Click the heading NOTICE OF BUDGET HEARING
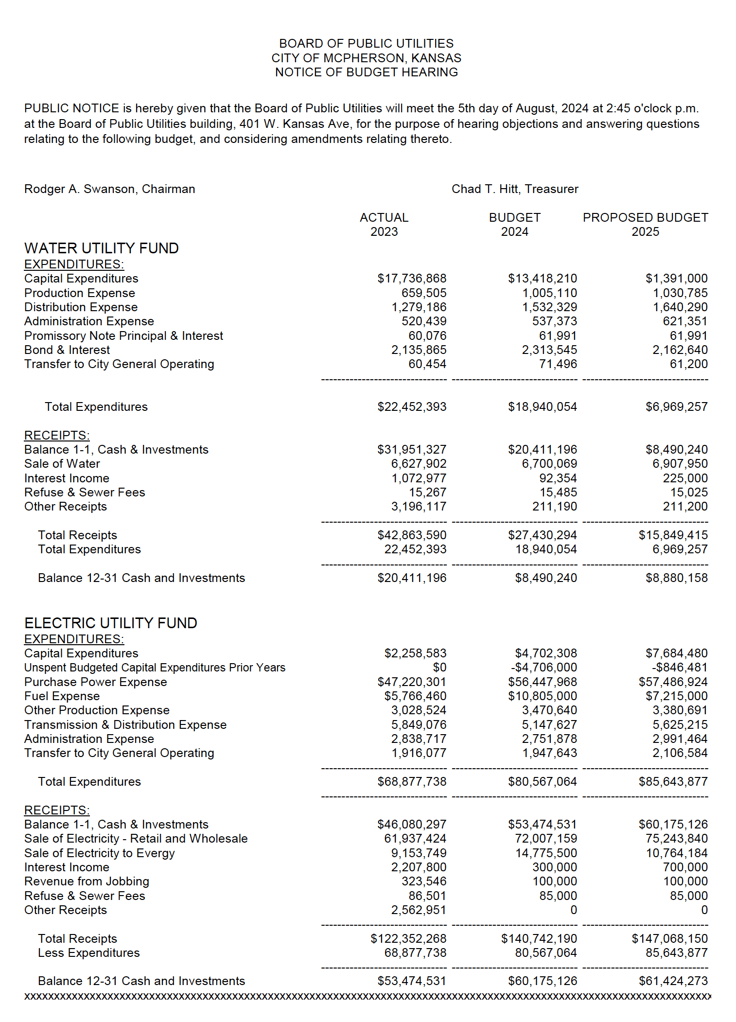(x=366, y=72)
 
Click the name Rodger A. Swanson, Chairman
(x=109, y=189)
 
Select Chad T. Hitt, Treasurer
(x=514, y=189)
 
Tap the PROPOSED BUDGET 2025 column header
(x=645, y=224)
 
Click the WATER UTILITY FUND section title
(x=101, y=248)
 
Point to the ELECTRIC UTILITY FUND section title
(x=110, y=623)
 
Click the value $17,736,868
(x=412, y=278)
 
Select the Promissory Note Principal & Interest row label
(x=123, y=335)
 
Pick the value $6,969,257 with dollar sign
(x=676, y=406)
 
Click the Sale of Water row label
(x=62, y=463)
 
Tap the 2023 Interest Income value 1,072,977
(x=419, y=478)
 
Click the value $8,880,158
(x=676, y=578)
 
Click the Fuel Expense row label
(x=62, y=696)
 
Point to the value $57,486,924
(x=673, y=682)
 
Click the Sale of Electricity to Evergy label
(x=99, y=853)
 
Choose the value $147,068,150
(x=669, y=938)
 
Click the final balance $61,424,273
(x=673, y=981)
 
